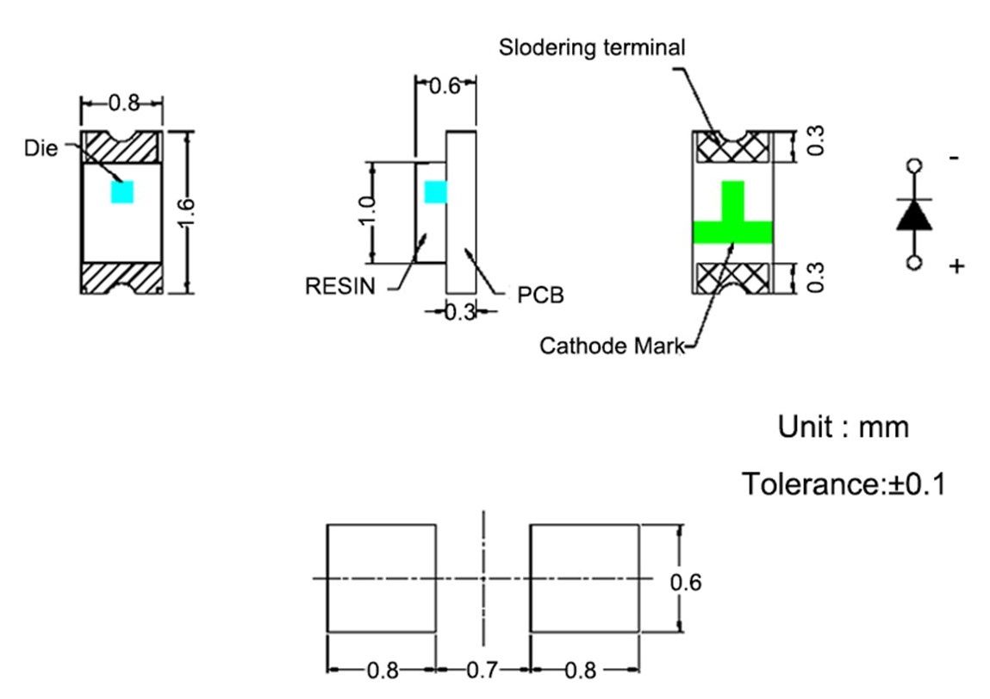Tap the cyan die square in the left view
tap(122, 191)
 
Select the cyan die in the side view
tap(436, 191)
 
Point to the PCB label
tap(540, 296)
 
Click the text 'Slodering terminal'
tap(592, 48)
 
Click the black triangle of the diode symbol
tap(914, 215)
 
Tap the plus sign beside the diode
tap(956, 266)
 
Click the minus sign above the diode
tap(954, 159)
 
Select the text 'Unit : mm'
tap(843, 427)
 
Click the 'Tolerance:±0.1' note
tap(844, 484)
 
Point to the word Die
tap(41, 148)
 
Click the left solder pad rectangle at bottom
tap(381, 577)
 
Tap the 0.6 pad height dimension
tap(685, 583)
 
